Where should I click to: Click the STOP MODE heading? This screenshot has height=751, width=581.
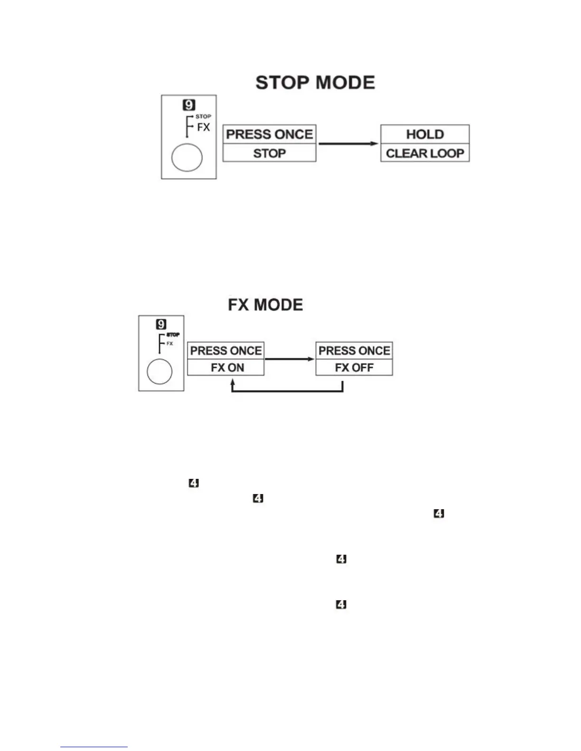pos(315,82)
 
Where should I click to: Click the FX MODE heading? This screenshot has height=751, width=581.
pos(265,304)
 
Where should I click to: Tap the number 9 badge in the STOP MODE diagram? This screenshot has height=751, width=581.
pos(189,105)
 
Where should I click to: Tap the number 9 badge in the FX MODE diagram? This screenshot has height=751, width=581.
pos(161,324)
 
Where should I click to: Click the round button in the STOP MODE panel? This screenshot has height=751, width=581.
pos(187,157)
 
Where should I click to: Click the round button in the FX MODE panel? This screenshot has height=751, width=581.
pos(160,372)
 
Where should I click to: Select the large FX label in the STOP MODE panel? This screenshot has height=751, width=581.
pos(203,127)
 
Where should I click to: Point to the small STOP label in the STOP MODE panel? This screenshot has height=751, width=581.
pos(203,116)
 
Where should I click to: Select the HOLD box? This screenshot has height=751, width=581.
pos(425,134)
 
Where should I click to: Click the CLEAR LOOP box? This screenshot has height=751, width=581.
pos(425,153)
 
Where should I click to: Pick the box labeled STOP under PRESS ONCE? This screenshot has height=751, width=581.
pos(269,153)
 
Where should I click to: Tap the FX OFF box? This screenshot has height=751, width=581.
pos(354,367)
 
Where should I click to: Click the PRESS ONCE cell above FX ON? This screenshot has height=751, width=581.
pos(226,351)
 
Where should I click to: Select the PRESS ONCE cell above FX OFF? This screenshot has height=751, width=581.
pos(354,351)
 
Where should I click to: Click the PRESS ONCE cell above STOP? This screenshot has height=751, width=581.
pos(269,134)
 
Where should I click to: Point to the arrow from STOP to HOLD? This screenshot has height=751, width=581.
pos(348,143)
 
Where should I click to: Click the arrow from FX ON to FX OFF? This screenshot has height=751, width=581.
pos(290,359)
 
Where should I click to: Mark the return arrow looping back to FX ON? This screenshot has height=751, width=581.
pos(287,391)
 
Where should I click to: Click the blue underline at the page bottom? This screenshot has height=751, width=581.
pos(94,747)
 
